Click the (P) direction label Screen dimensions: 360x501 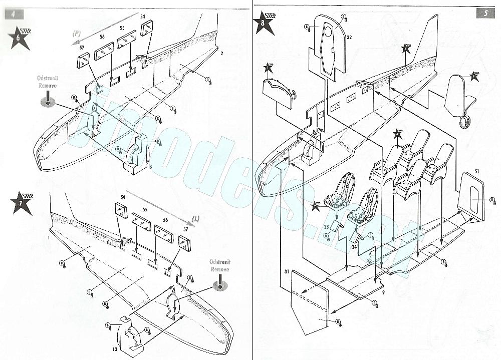point(77,34)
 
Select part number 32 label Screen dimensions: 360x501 point(349,38)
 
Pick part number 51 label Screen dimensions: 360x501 point(476,172)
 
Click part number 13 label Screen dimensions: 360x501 point(115,348)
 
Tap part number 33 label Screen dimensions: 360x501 point(326,227)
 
